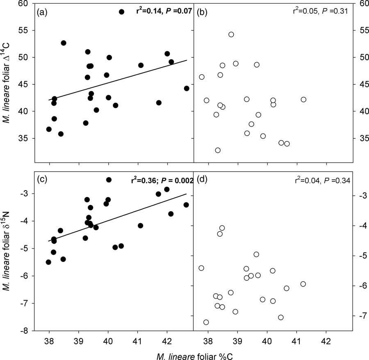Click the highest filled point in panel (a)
click(x=122, y=12)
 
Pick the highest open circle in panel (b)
click(x=231, y=34)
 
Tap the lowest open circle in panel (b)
click(x=218, y=150)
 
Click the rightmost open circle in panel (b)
click(x=303, y=100)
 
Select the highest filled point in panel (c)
click(x=109, y=180)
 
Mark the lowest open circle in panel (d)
click(x=206, y=322)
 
